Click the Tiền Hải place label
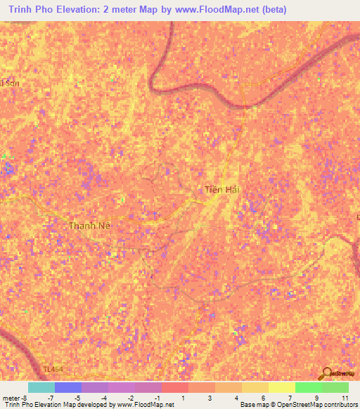point(224,189)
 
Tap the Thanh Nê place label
point(90,226)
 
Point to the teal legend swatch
point(41,387)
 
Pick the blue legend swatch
point(67,387)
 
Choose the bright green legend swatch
point(308,387)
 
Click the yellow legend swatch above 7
point(255,387)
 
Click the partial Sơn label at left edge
point(8,83)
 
